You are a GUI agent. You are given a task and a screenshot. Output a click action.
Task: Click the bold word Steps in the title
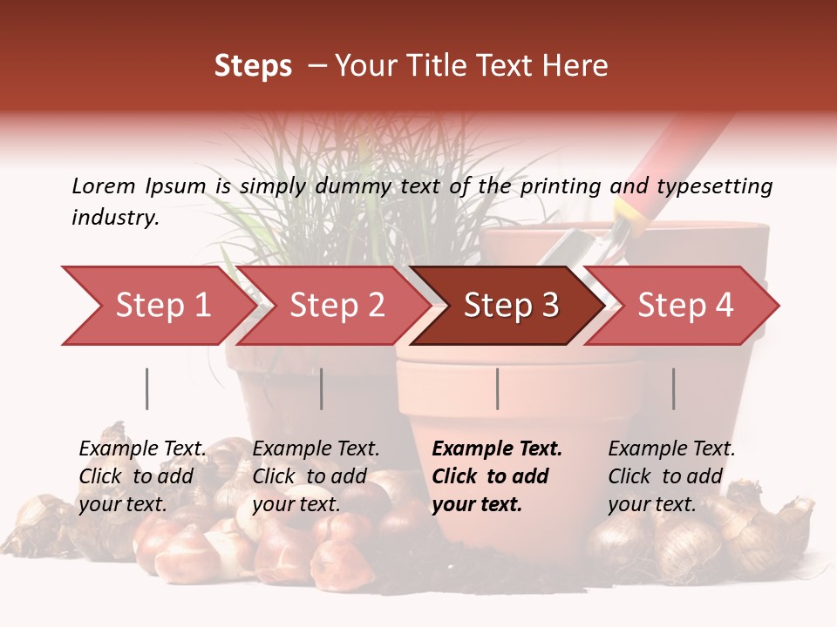253,66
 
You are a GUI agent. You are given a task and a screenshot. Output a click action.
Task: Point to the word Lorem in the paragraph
103,185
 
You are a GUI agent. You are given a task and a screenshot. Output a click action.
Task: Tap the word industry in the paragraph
115,217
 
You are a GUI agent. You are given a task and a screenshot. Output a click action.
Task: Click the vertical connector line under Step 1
146,388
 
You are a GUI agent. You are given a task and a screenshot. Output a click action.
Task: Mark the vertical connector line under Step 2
321,388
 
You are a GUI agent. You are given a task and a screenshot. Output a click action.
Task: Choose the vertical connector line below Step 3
497,388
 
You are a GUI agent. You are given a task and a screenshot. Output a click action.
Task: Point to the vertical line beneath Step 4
673,388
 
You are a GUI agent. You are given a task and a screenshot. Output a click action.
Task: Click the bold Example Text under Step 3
497,449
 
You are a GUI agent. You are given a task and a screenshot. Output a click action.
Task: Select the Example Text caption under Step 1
142,449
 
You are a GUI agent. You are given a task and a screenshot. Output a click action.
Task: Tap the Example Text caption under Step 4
671,449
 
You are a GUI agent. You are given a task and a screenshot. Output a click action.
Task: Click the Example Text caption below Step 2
316,449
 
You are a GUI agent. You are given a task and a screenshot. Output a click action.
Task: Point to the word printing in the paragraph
558,185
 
